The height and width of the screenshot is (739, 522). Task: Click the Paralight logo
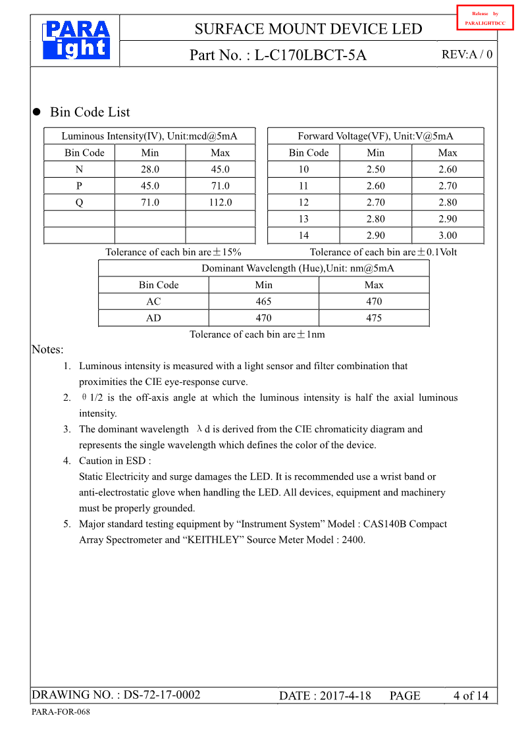coord(76,39)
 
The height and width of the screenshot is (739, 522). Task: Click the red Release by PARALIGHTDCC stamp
coord(484,18)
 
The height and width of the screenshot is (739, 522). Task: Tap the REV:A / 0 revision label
coord(467,55)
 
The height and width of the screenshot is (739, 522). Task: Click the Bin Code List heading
coord(90,113)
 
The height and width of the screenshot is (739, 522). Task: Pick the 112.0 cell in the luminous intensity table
coord(220,203)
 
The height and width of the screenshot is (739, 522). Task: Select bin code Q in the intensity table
coord(79,203)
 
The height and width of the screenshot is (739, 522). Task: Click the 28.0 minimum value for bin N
coord(150,170)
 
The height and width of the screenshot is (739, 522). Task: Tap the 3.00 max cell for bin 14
coord(448,236)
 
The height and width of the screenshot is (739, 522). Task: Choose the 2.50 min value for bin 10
coord(376,170)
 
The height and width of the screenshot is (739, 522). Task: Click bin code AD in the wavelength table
coord(153,318)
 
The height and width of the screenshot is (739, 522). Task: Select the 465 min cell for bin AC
coord(263,301)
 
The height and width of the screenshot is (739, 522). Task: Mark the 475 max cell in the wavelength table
coord(373,318)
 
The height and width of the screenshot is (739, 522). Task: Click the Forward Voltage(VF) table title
coord(375,136)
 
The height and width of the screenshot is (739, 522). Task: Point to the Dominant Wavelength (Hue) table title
coord(298,268)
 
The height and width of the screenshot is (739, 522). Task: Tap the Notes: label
coord(47,349)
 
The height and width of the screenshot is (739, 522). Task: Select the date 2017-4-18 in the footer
coord(345,696)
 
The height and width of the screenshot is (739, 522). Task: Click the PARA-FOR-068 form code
coord(61,713)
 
